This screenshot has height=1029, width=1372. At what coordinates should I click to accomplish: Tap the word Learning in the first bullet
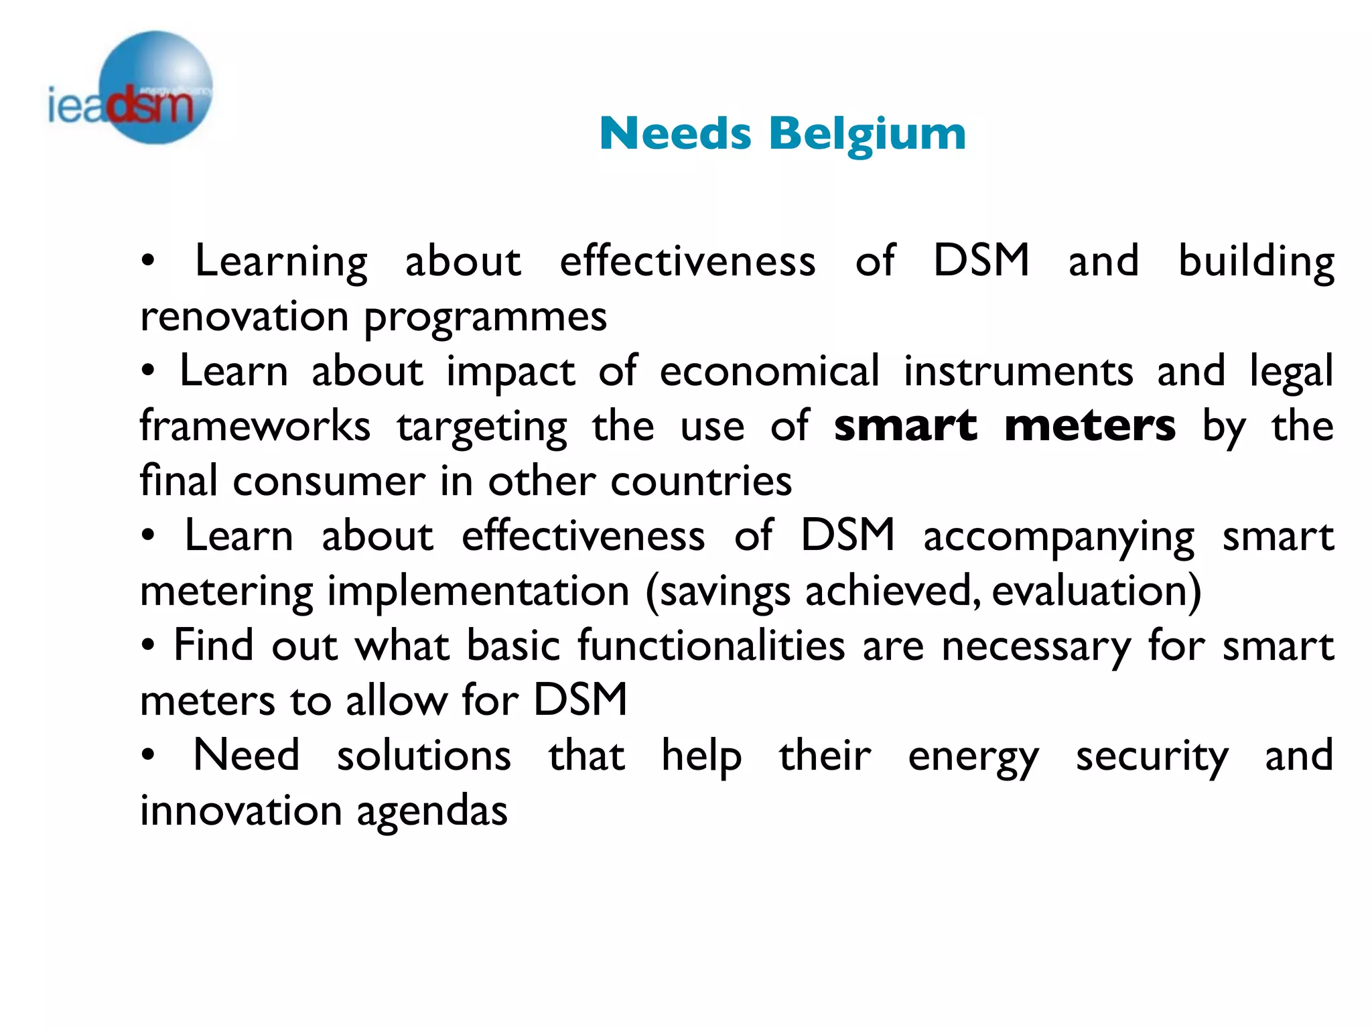(281, 262)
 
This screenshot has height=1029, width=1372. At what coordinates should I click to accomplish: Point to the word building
(1256, 262)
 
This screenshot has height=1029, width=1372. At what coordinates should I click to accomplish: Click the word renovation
(245, 316)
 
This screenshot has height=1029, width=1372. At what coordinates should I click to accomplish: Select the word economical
(769, 371)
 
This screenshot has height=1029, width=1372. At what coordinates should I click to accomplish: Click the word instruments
(1018, 371)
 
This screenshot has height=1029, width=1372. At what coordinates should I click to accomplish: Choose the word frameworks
(255, 426)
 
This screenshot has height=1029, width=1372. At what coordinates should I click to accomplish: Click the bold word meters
(1090, 426)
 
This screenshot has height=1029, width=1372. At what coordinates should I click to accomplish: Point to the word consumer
(329, 481)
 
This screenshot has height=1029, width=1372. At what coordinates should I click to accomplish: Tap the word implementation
(478, 591)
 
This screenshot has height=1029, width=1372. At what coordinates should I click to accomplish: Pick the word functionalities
(711, 646)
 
